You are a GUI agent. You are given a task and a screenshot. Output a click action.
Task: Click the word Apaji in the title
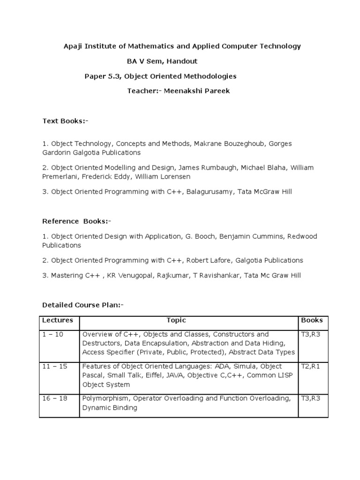(x=72, y=46)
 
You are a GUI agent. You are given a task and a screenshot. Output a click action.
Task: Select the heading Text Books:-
(x=65, y=121)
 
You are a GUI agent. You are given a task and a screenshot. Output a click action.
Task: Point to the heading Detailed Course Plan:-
(x=83, y=305)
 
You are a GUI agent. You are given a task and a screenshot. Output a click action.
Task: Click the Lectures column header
(x=58, y=321)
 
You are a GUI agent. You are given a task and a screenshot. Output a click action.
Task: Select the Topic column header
(x=176, y=321)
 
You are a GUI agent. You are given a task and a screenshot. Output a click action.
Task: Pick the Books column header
(x=312, y=321)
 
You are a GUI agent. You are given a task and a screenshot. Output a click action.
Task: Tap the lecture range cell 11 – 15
(x=54, y=367)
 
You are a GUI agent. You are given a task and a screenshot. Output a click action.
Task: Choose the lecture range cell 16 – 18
(x=54, y=398)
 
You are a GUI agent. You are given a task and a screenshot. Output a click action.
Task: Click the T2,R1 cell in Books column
(x=309, y=367)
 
